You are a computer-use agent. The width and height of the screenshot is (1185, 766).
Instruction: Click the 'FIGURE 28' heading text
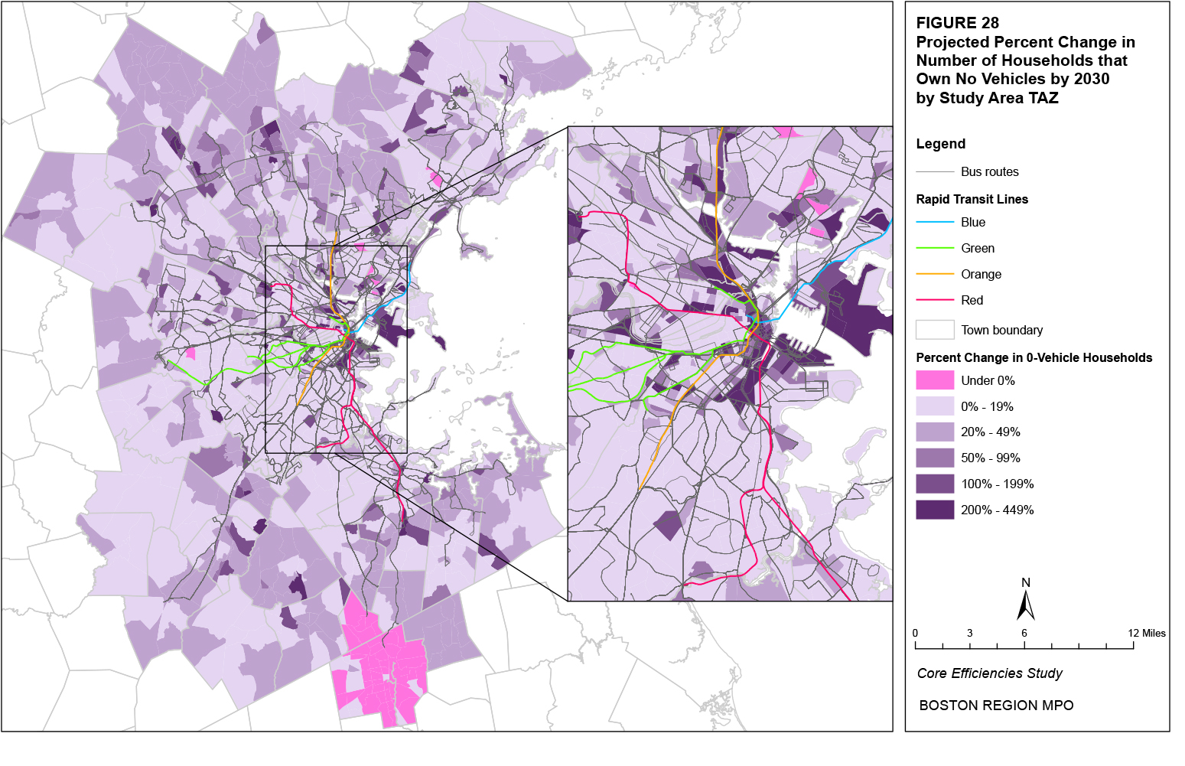(x=957, y=23)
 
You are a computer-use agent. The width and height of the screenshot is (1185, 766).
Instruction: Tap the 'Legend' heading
(x=940, y=144)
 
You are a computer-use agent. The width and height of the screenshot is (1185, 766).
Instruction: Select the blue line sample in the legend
(x=935, y=223)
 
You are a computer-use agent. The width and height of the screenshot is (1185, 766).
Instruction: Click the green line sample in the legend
(x=935, y=249)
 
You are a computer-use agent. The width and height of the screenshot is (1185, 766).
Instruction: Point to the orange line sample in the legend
(x=935, y=274)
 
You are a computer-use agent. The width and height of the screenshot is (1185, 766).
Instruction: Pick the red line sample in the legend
(x=935, y=300)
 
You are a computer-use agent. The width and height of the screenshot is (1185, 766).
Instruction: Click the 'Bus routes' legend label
(x=989, y=172)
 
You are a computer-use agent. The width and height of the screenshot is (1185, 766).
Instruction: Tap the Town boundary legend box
(x=935, y=330)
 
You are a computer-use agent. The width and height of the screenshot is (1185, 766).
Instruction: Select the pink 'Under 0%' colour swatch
(x=935, y=380)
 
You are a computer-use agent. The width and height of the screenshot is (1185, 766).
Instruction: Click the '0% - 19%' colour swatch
(x=935, y=406)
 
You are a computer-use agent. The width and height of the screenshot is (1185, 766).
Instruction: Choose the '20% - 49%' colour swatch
(x=935, y=432)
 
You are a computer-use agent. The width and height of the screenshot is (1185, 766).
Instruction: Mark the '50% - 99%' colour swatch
(x=935, y=458)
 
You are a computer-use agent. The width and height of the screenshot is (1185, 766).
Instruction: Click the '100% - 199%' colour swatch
(x=935, y=484)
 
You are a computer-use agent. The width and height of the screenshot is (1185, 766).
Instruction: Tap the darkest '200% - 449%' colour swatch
(x=935, y=510)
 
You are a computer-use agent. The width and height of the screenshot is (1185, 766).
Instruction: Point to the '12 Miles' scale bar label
(x=1146, y=633)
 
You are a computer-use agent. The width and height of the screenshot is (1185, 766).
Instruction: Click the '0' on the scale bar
(x=915, y=633)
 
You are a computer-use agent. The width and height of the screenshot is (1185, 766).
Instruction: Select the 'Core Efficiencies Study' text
(x=989, y=673)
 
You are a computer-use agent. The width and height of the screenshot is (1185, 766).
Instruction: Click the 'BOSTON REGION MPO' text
(x=996, y=706)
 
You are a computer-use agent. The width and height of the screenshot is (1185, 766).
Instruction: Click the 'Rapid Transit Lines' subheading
(x=972, y=199)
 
